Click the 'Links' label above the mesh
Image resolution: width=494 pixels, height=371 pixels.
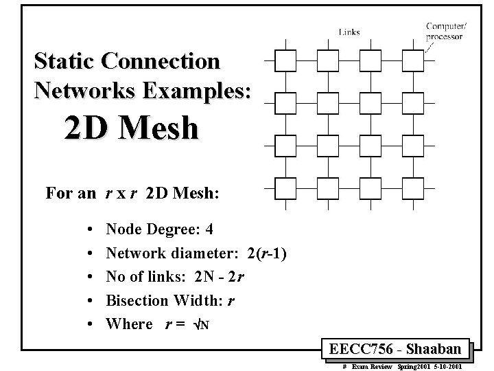click(x=349, y=32)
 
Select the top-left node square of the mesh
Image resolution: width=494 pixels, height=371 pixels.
click(x=285, y=60)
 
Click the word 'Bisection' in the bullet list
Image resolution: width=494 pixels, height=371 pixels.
click(x=137, y=300)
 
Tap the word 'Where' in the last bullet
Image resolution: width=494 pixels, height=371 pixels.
click(x=129, y=324)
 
